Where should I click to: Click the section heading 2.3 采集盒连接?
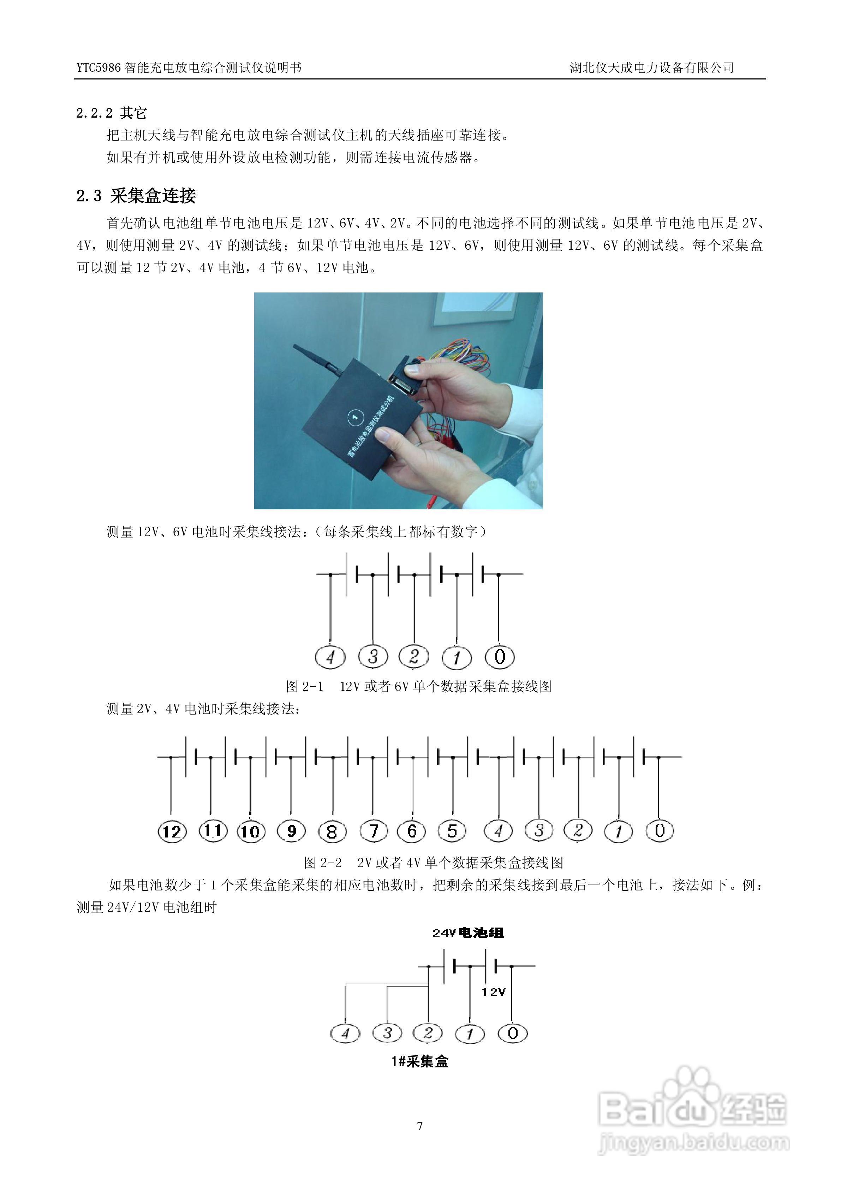(x=136, y=196)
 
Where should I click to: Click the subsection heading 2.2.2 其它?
(x=112, y=113)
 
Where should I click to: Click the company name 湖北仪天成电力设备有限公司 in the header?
(x=651, y=67)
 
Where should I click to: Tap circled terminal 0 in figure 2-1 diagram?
(x=500, y=657)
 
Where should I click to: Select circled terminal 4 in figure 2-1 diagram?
(x=330, y=657)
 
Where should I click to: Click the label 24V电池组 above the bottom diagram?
(x=468, y=933)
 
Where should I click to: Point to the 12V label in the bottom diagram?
(x=493, y=992)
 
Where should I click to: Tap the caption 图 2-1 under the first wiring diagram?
(x=305, y=687)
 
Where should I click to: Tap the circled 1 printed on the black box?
(x=355, y=417)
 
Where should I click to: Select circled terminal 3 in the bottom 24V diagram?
(x=387, y=1033)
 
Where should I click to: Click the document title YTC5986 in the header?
(x=99, y=68)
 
